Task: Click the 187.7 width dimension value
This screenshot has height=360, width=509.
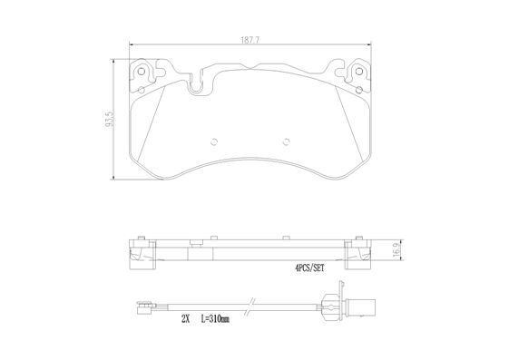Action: click(x=250, y=41)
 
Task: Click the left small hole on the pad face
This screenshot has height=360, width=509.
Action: click(x=213, y=141)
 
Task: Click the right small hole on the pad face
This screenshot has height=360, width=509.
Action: click(x=286, y=141)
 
